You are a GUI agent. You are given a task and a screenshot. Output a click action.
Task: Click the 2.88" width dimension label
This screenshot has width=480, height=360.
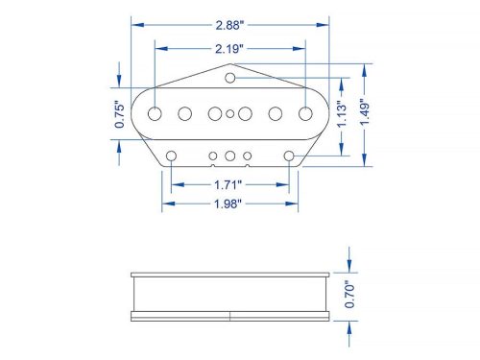click(x=229, y=25)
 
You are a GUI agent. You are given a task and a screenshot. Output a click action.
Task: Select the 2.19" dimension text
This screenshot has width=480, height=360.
click(x=228, y=49)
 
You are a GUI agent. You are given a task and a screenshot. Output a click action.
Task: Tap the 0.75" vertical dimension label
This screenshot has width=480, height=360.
click(x=119, y=114)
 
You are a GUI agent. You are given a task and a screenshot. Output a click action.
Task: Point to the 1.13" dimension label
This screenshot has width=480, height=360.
click(x=342, y=114)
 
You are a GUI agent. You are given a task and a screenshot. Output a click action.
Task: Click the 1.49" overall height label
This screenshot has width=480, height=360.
click(x=365, y=112)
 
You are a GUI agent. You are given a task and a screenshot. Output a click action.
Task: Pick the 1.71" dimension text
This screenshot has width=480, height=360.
click(x=228, y=185)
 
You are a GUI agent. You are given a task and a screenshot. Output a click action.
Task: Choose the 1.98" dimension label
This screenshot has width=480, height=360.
click(x=228, y=204)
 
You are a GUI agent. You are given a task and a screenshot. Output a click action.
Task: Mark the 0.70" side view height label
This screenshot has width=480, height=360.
click(x=349, y=295)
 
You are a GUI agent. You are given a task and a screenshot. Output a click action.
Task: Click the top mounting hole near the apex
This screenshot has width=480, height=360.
click(x=230, y=78)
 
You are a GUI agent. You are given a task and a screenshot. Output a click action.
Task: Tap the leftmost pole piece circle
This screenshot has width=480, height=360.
click(x=155, y=113)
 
